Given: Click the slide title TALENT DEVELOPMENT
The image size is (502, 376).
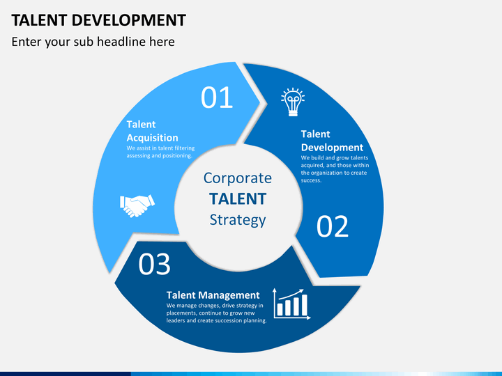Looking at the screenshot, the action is click(98, 20).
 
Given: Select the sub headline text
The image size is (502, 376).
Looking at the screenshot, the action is click(93, 42).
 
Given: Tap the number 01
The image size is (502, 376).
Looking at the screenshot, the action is click(217, 97).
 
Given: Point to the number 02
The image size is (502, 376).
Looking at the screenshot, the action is click(333, 226).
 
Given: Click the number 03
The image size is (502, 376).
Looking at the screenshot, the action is click(154, 264).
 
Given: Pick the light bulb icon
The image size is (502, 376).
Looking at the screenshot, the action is click(293, 102).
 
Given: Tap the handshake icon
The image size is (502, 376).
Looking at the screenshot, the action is click(137, 205).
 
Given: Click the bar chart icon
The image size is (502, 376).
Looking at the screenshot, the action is click(291, 304).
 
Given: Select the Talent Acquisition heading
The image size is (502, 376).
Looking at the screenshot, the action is click(153, 131).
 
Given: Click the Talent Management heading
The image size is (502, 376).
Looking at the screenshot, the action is click(213, 295).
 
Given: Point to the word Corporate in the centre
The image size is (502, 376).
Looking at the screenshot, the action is click(238, 178).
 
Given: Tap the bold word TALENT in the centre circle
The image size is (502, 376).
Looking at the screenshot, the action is click(238, 199).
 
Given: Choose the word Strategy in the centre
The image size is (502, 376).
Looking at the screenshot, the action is click(238, 220).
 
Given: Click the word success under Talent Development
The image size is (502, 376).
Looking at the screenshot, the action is click(311, 180).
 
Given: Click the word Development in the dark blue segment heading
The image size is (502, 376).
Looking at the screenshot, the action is click(333, 148).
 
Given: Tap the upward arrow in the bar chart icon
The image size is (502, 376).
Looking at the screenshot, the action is click(291, 294).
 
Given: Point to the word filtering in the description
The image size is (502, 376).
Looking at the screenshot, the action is click(184, 148).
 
